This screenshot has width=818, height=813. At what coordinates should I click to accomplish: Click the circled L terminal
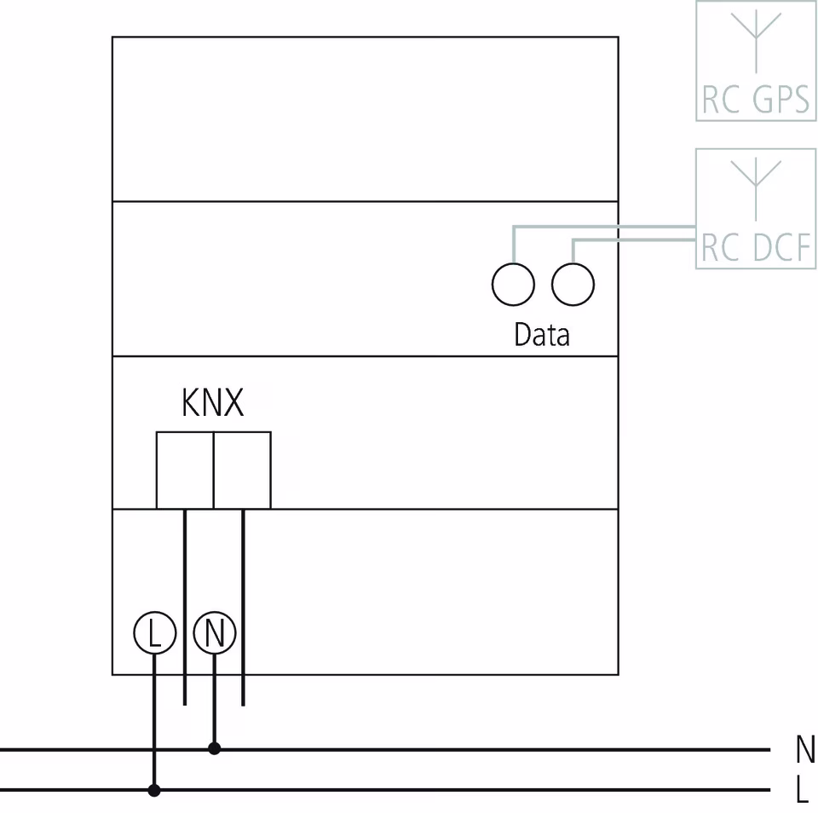click(x=154, y=633)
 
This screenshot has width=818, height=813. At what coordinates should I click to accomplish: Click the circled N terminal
click(x=215, y=633)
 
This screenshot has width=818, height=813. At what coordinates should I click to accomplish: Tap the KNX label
click(x=212, y=403)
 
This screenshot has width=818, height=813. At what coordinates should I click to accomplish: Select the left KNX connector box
click(x=184, y=470)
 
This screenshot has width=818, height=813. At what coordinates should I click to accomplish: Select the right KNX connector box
click(x=242, y=470)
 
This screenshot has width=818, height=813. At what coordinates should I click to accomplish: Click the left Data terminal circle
click(x=513, y=285)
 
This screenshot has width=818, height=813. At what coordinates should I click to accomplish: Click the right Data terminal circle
click(x=573, y=285)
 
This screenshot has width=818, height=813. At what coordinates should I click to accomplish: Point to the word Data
click(x=541, y=335)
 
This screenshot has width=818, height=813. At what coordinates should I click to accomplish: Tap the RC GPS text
click(x=755, y=101)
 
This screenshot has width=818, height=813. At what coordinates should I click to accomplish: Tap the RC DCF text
click(x=755, y=248)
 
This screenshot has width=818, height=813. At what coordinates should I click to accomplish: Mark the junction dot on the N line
click(x=215, y=748)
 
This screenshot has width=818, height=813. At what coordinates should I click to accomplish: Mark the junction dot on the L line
click(x=154, y=790)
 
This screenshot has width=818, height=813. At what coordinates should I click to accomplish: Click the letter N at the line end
click(x=804, y=750)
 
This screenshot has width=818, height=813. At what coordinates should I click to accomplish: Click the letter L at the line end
click(x=802, y=791)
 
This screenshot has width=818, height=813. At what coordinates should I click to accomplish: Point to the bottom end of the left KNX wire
click(x=185, y=703)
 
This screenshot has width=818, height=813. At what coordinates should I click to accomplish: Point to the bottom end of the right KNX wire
click(x=243, y=703)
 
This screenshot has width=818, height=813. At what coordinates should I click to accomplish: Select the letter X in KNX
click(x=233, y=403)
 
